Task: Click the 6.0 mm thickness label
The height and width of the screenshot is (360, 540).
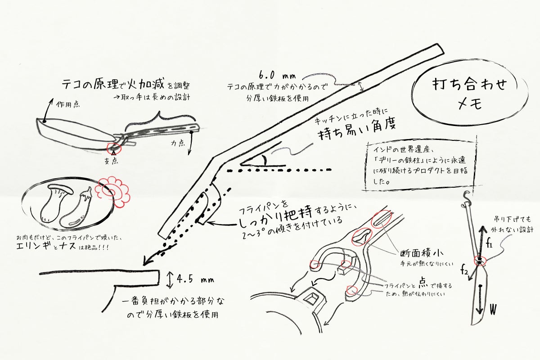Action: click(277, 76)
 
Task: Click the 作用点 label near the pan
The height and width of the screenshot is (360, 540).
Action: click(68, 104)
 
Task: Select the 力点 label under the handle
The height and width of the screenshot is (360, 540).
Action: click(178, 143)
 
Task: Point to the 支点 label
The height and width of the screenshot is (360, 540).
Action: click(112, 161)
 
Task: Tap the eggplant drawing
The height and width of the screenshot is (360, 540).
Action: click(76, 209)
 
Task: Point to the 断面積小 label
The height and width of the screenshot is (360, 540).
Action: click(422, 253)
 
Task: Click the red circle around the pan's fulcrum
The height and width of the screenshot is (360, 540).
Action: click(113, 149)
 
